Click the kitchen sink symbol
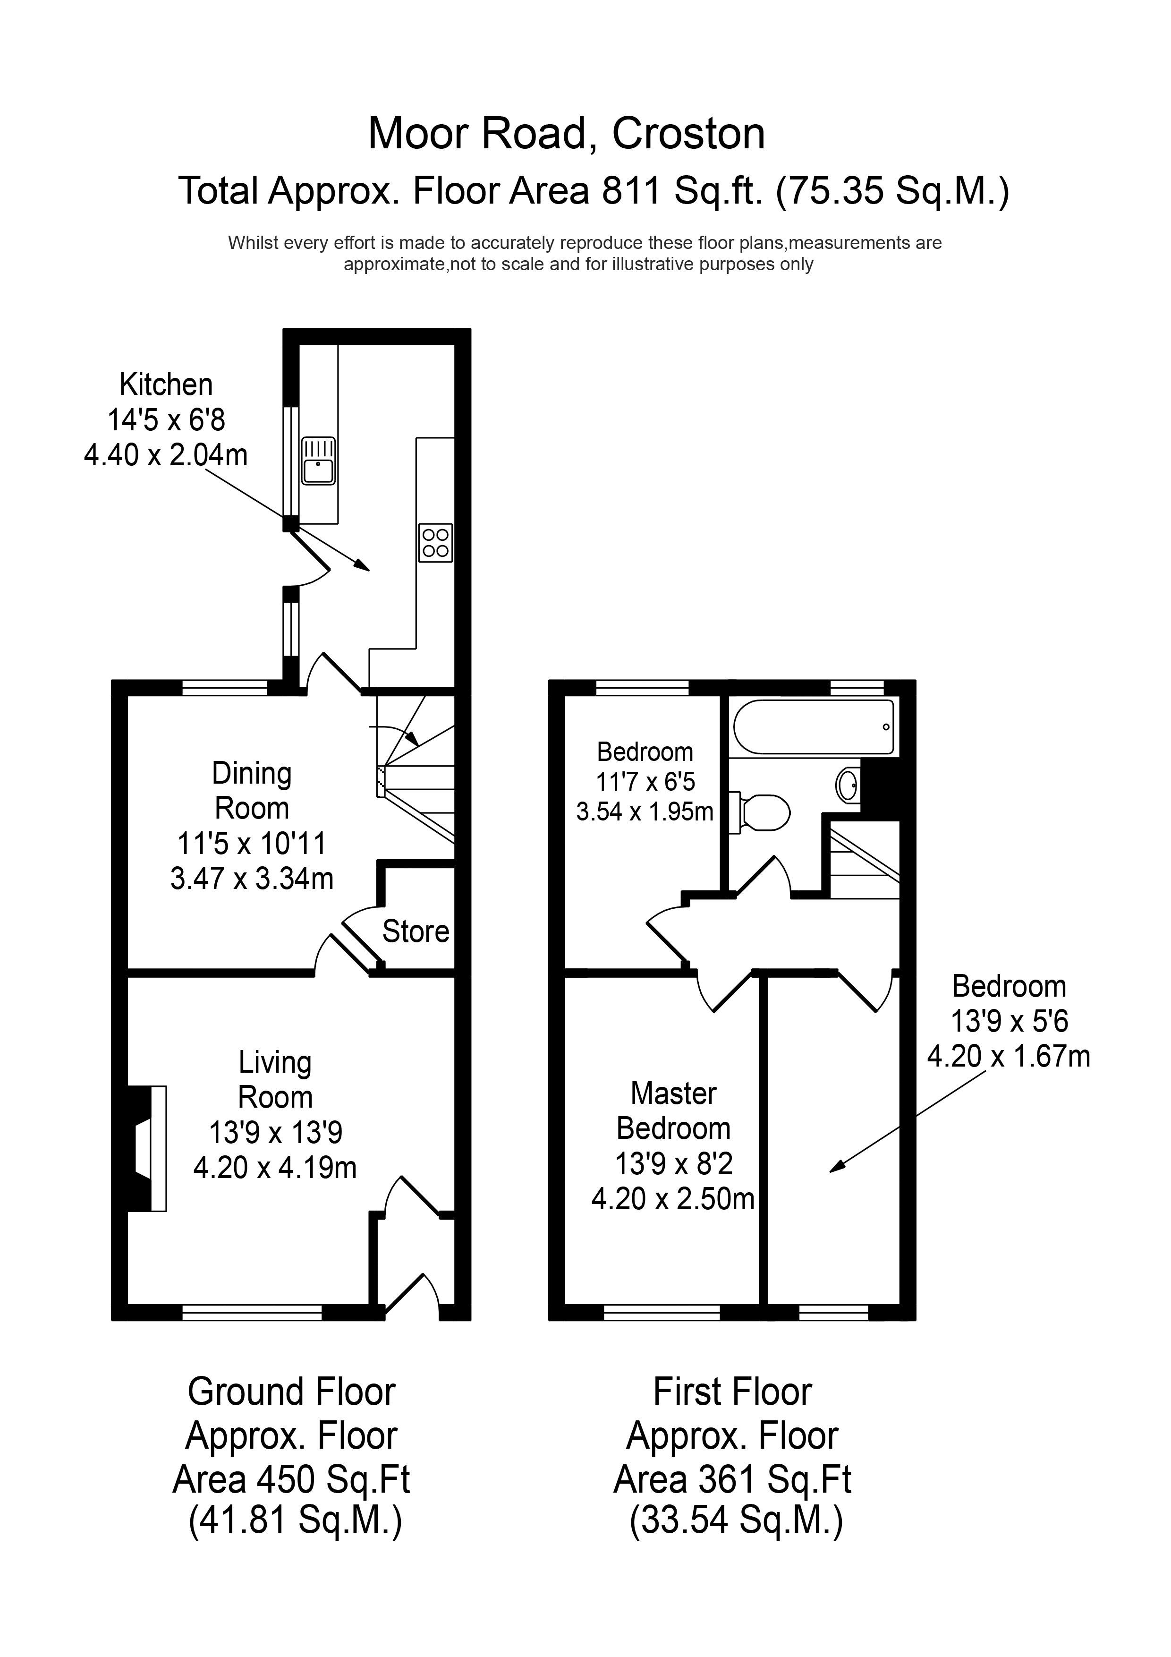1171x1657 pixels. tap(318, 461)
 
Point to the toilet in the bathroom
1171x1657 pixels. tap(760, 812)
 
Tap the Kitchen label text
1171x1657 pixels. tap(166, 384)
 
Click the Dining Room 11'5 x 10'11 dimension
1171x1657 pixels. tap(252, 843)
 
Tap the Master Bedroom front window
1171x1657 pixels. tap(662, 1313)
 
